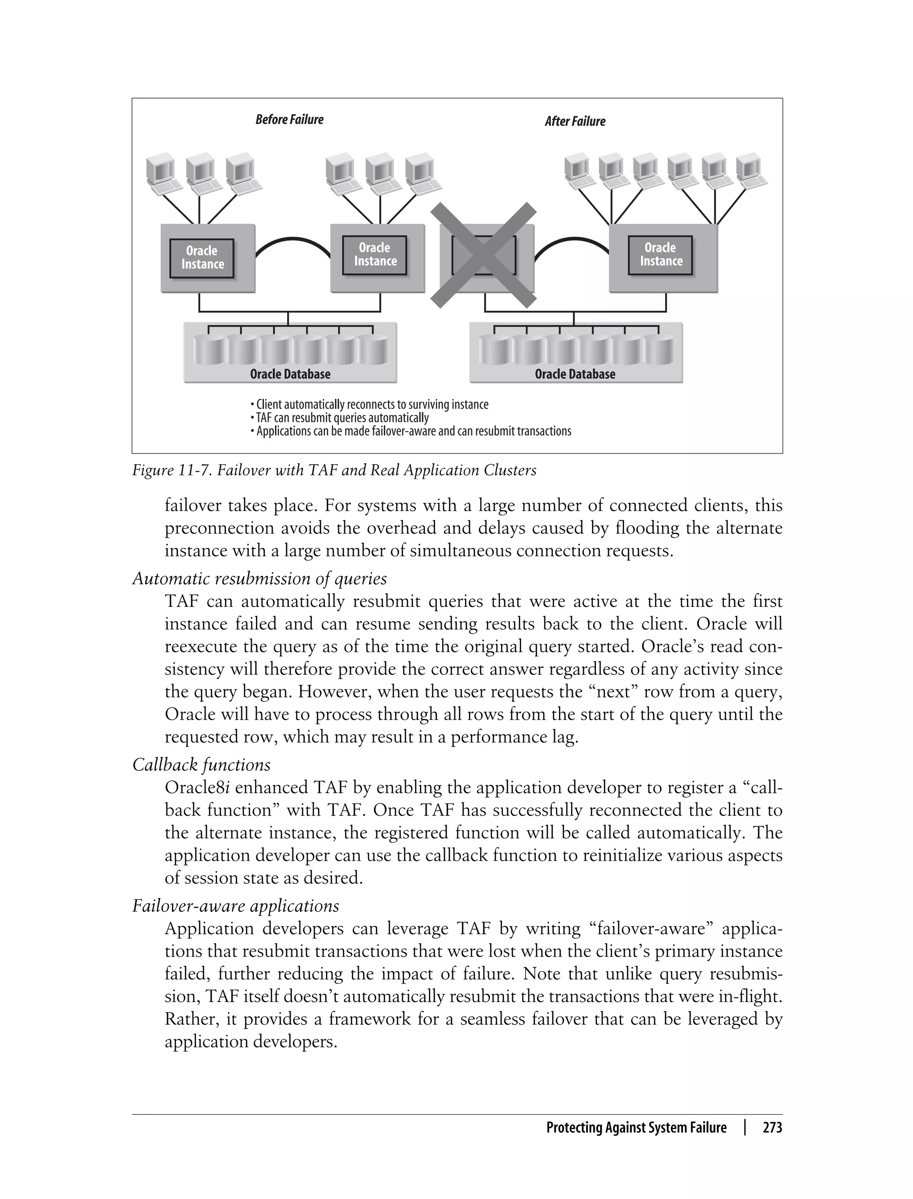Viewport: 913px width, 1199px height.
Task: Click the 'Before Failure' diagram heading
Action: (x=289, y=119)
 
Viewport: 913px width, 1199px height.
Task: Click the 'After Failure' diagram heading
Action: (x=575, y=122)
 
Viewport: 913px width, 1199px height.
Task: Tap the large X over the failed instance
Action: (x=483, y=255)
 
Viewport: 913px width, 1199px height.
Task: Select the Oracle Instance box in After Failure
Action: (x=660, y=255)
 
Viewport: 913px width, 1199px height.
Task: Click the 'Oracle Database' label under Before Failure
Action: (x=290, y=374)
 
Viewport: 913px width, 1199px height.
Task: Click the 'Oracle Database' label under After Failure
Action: (x=575, y=374)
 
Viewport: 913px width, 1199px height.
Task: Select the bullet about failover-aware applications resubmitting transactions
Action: (x=412, y=432)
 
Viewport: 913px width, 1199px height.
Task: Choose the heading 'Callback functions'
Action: (x=201, y=765)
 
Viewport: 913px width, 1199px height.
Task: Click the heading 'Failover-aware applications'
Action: (x=235, y=906)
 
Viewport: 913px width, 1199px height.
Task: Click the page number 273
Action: (x=772, y=1127)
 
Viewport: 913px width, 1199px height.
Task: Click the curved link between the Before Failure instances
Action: (x=292, y=240)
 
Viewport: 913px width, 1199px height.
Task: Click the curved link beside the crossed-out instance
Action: (x=571, y=240)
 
